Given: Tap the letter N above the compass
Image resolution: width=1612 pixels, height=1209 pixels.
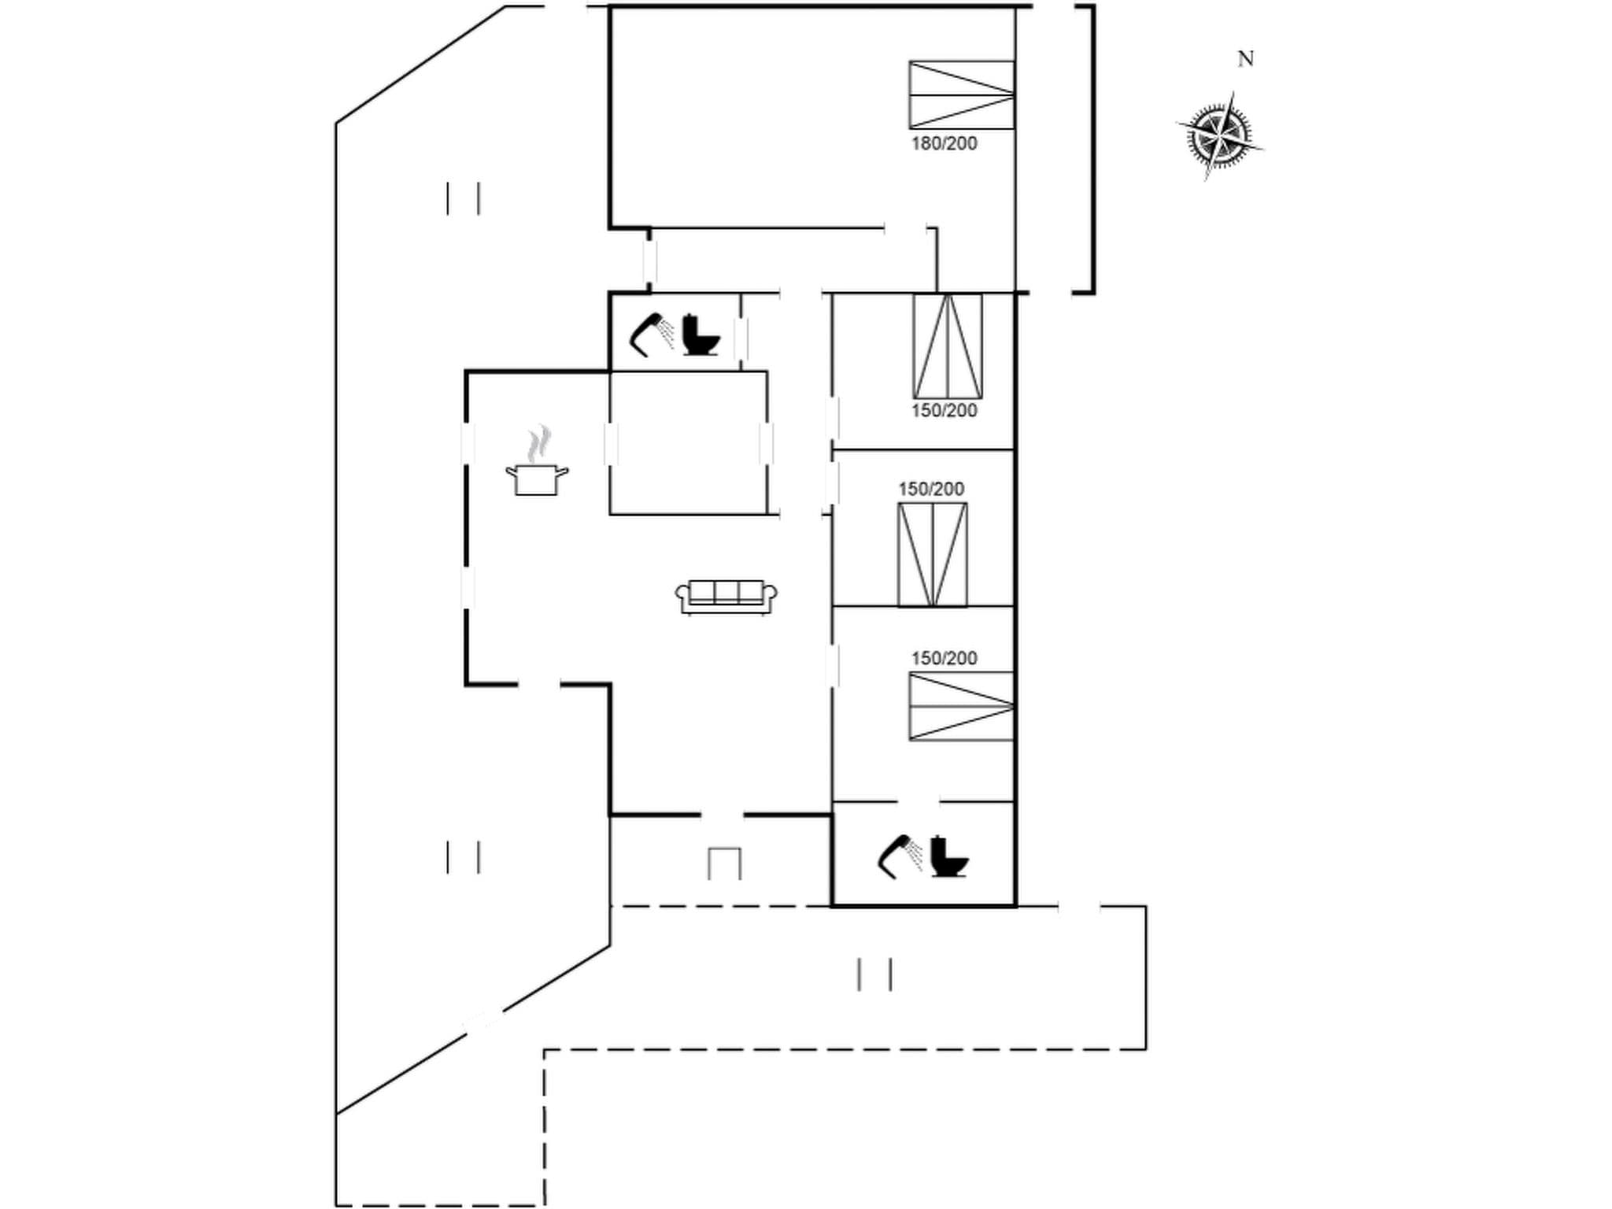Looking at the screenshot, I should click(1245, 59).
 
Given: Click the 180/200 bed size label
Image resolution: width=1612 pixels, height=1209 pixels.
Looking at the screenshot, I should click(944, 143).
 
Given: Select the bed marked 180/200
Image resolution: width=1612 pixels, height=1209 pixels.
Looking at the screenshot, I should click(961, 94).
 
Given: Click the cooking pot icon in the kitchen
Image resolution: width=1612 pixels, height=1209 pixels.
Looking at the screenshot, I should click(537, 479).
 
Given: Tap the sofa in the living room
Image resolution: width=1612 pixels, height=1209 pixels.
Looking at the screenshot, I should click(726, 597).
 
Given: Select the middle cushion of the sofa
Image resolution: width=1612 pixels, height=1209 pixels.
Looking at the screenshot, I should click(726, 592).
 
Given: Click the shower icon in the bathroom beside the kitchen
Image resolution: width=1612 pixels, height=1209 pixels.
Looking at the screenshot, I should click(653, 335).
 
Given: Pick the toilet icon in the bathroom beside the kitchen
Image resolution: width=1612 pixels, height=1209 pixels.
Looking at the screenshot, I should click(700, 335).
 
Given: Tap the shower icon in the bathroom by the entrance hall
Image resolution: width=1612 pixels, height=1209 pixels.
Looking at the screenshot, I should click(900, 856).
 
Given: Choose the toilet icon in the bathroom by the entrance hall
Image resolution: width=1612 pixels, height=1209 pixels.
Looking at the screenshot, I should click(948, 856).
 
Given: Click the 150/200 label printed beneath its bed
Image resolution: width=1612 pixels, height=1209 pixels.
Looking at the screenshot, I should click(944, 411).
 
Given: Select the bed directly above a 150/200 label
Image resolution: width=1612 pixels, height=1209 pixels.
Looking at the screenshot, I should click(947, 346).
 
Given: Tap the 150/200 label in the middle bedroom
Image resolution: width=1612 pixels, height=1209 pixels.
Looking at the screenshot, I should click(931, 489).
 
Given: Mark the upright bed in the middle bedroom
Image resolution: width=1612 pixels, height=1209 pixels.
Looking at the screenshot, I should click(932, 555).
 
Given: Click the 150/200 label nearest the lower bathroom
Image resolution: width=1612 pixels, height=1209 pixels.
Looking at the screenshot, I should click(944, 658).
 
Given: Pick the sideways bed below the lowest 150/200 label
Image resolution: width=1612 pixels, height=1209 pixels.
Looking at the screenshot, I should click(961, 706).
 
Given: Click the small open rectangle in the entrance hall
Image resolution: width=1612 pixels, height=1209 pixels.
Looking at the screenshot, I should click(724, 863).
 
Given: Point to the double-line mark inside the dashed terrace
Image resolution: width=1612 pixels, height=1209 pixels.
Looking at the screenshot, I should click(874, 974).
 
